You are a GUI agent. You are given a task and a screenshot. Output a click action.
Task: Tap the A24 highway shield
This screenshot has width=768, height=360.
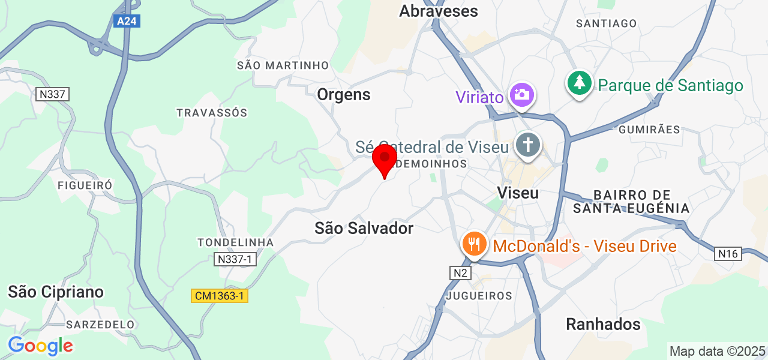pyautogui.click(x=127, y=22)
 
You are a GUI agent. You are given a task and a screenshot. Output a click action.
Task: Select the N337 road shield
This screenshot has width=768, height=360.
pyautogui.click(x=53, y=94)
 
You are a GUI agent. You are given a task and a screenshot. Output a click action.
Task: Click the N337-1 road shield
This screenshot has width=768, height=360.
pyautogui.click(x=235, y=259)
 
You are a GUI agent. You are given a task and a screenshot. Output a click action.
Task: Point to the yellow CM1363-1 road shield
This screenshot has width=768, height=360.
pyautogui.click(x=220, y=296)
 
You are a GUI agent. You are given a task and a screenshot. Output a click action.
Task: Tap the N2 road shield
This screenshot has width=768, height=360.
pyautogui.click(x=461, y=273)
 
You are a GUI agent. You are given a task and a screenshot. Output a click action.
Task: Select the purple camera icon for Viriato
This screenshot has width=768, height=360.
pyautogui.click(x=522, y=94)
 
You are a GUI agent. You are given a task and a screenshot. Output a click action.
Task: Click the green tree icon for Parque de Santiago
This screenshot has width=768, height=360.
pyautogui.click(x=580, y=83)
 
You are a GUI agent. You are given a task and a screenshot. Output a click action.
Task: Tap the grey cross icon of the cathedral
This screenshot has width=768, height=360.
pyautogui.click(x=528, y=145)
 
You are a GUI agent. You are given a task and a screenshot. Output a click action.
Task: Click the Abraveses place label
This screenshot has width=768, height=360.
pyautogui.click(x=439, y=11)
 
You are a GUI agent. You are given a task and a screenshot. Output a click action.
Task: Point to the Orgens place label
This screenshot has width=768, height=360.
pyautogui.click(x=344, y=94)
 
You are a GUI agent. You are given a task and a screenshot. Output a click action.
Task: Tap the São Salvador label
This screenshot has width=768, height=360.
pyautogui.click(x=364, y=228)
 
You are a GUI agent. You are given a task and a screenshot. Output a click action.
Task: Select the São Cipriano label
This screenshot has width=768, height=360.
pyautogui.click(x=56, y=292)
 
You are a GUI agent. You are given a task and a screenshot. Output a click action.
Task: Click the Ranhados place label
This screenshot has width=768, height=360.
pyautogui.click(x=603, y=325)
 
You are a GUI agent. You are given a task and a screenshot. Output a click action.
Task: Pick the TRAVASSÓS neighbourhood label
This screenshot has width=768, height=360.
pyautogui.click(x=212, y=113)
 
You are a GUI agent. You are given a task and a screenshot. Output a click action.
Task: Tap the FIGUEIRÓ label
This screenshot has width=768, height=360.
pyautogui.click(x=85, y=185)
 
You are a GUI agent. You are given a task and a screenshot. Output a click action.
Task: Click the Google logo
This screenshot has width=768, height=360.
pyautogui.click(x=40, y=346)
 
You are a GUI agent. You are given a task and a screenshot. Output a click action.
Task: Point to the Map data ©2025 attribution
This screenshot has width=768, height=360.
pyautogui.click(x=717, y=351)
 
